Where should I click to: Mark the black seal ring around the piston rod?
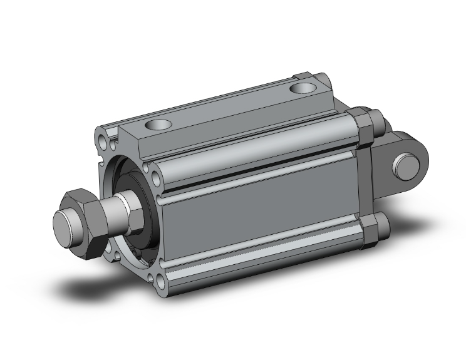(133, 207)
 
